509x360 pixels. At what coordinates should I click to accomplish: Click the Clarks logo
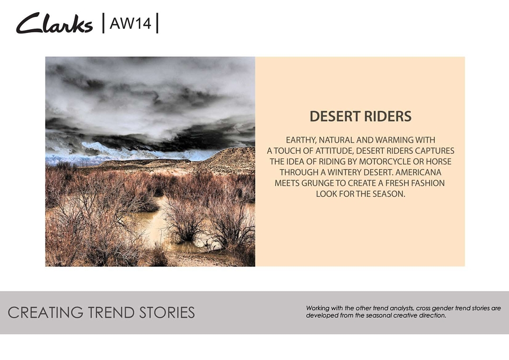pos(55,23)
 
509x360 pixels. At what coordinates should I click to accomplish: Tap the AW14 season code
pos(130,23)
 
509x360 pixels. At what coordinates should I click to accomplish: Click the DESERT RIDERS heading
pos(361,116)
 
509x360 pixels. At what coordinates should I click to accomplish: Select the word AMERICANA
pos(418,172)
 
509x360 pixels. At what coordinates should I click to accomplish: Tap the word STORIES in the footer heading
pos(167,313)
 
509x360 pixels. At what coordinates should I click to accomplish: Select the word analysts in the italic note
pos(401,309)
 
